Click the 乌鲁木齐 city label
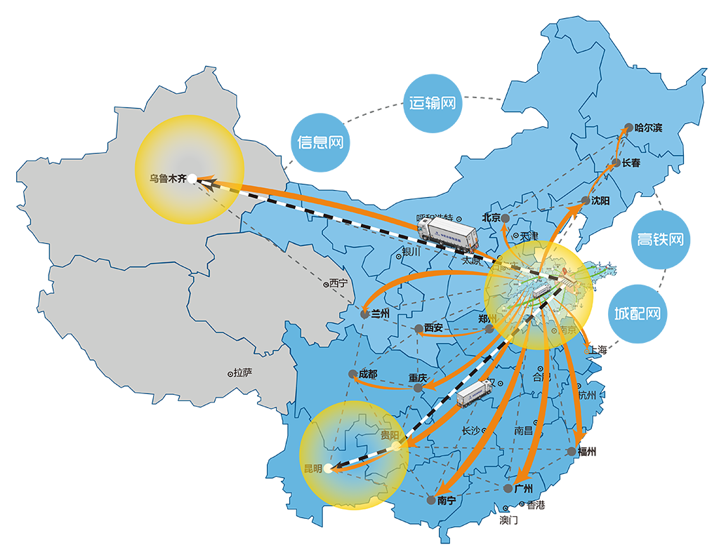click(168, 178)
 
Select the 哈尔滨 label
click(648, 128)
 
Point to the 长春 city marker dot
click(616, 163)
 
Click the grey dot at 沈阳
click(586, 201)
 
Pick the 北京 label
click(491, 217)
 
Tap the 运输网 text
click(433, 103)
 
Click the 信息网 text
click(320, 142)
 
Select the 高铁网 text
click(660, 239)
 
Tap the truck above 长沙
click(475, 393)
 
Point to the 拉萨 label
click(243, 373)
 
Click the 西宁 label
click(338, 284)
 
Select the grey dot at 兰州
click(364, 315)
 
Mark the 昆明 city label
click(312, 468)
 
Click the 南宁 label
click(447, 501)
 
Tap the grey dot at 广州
click(508, 488)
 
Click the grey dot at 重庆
click(418, 387)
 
